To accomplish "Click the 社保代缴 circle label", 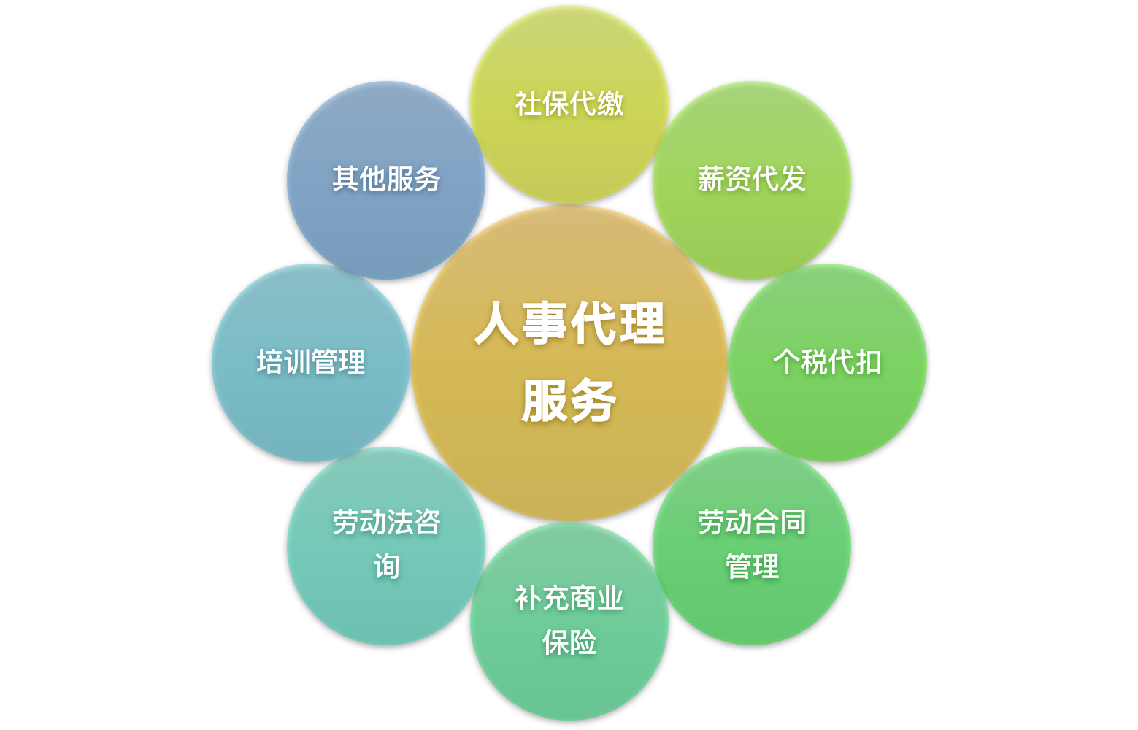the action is (569, 104).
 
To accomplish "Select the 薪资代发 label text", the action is (752, 179).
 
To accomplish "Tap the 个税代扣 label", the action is (828, 362).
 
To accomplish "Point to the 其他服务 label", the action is (386, 179).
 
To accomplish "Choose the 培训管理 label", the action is (311, 362).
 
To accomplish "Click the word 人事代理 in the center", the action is (569, 323).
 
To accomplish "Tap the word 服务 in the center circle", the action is (569, 401).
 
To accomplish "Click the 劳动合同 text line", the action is (752, 523).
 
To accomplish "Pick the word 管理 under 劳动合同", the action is (752, 566).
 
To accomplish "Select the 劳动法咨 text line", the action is (386, 523).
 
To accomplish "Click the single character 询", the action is (386, 566).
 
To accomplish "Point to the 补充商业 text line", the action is (569, 599).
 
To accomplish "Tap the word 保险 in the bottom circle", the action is (569, 642).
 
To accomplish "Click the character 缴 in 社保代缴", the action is (610, 104).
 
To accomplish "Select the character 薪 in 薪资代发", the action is (711, 179).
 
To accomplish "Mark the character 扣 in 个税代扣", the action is (869, 362).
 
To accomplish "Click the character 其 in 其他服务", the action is (345, 179).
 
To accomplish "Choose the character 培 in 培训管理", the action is (270, 362).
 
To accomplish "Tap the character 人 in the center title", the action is (498, 323).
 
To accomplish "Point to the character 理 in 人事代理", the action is (641, 323).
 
